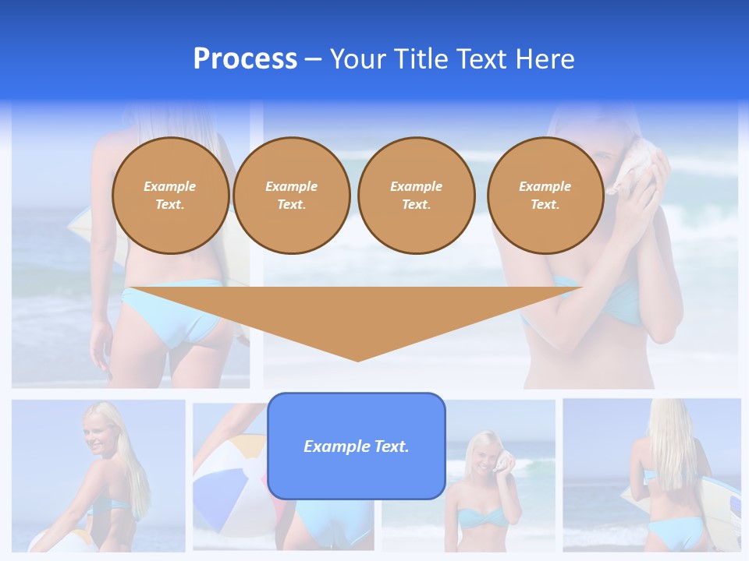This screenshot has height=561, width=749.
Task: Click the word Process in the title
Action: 245,59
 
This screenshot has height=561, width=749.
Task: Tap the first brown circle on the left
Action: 171,196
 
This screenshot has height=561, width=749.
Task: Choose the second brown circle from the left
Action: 292,196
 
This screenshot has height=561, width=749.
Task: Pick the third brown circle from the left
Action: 416,196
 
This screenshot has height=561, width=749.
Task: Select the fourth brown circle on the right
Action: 545,196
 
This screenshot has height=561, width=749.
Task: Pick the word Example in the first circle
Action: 170,187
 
